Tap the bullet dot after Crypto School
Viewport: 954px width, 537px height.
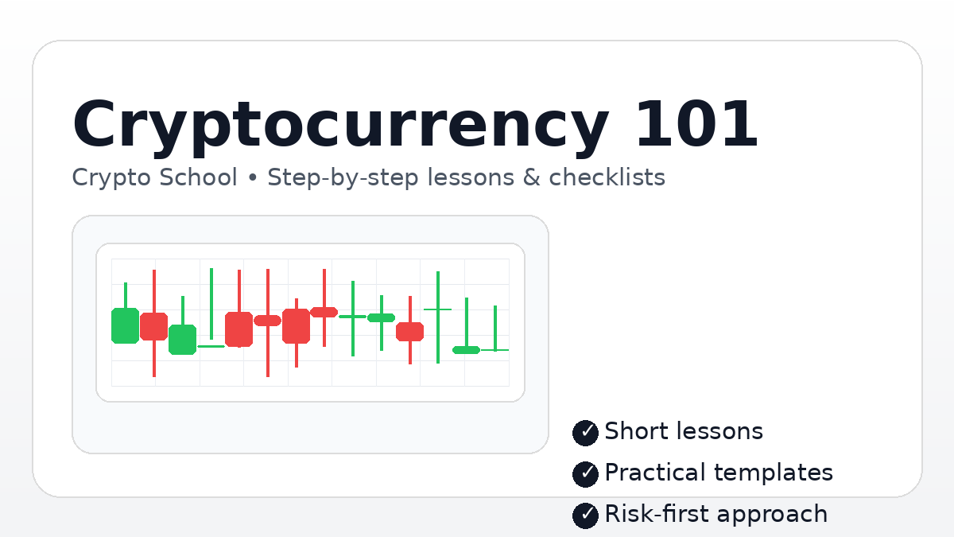pos(253,178)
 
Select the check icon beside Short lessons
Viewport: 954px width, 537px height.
pos(585,432)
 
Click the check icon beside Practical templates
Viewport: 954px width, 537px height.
pos(585,473)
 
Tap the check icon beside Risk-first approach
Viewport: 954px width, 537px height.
pos(585,515)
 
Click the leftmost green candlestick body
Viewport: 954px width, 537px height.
pos(125,325)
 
